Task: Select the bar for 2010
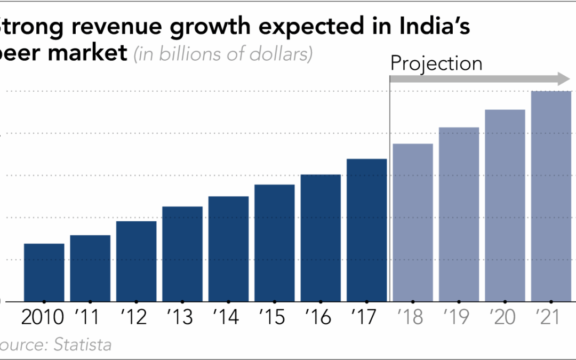[x=44, y=272]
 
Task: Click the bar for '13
[x=182, y=253]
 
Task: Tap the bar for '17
[x=366, y=230]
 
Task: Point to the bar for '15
[x=275, y=243]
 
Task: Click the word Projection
[x=436, y=63]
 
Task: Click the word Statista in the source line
[x=83, y=345]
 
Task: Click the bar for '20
[x=505, y=205]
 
